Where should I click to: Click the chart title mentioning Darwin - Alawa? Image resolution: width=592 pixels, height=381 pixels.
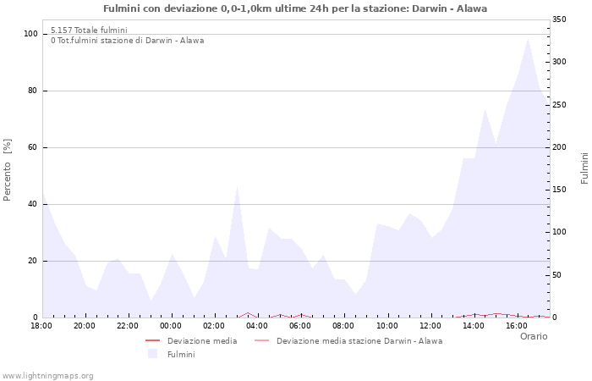pos(295,8)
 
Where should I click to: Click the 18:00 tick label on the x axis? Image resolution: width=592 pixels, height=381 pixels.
pos(41,325)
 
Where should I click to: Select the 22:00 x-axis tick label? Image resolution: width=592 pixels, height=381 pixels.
pos(128,325)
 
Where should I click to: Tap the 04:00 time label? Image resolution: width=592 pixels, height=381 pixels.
pos(257,325)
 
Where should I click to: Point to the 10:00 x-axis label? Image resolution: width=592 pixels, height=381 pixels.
pos(386,325)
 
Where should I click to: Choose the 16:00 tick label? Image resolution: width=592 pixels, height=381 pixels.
pos(516,325)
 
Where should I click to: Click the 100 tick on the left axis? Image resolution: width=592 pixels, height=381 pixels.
pos(31,34)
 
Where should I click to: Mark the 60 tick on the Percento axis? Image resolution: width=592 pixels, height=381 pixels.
pos(34,147)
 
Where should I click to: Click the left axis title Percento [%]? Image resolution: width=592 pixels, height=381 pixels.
pos(8,169)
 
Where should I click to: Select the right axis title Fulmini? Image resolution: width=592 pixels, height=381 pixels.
pos(584,168)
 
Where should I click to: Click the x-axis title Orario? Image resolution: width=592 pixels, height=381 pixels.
pos(534,336)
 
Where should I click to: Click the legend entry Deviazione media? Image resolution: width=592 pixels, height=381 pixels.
pos(202,341)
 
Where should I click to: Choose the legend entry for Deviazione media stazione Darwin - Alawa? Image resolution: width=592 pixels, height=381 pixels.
pos(359,341)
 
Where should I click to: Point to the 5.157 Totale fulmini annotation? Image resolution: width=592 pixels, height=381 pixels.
pos(89,30)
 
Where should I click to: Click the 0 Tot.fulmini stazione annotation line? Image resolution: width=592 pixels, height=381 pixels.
pos(127,40)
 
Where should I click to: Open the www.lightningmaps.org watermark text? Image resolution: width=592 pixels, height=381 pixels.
pos(48,375)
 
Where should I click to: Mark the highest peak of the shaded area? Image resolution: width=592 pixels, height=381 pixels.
pos(528,38)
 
